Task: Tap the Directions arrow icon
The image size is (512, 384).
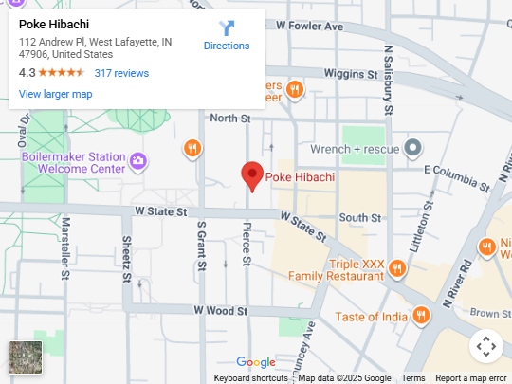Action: pyautogui.click(x=227, y=27)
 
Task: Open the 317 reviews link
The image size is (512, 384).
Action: pyautogui.click(x=121, y=73)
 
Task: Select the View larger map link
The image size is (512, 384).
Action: pyautogui.click(x=55, y=94)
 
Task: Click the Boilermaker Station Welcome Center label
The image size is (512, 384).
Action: pyautogui.click(x=74, y=162)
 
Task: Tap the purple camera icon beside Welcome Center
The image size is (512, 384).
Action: pyautogui.click(x=138, y=160)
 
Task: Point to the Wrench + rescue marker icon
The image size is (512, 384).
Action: pyautogui.click(x=412, y=148)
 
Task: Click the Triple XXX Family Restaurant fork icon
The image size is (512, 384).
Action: pyautogui.click(x=397, y=269)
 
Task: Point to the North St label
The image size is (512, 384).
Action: pyautogui.click(x=229, y=119)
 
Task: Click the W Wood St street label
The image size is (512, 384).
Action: pyautogui.click(x=220, y=310)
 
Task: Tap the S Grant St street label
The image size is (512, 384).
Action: pyautogui.click(x=201, y=245)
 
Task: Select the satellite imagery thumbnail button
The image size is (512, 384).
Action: pyautogui.click(x=26, y=357)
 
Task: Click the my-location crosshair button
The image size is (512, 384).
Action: pyautogui.click(x=485, y=346)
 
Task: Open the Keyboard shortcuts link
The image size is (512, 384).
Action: pyautogui.click(x=250, y=378)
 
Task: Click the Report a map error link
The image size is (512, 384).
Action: pyautogui.click(x=471, y=378)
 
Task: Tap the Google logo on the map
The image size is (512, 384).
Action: pyautogui.click(x=256, y=362)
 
